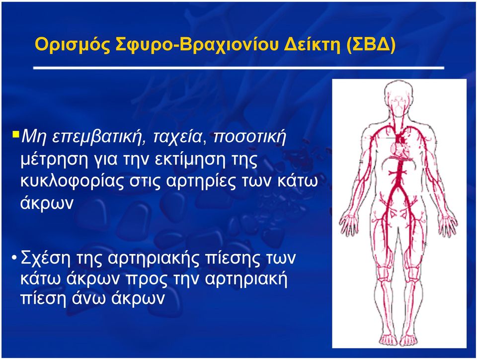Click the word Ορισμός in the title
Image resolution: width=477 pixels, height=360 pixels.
73,45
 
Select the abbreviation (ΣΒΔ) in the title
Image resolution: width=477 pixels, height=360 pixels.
371,45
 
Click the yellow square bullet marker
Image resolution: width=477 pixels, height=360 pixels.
16,134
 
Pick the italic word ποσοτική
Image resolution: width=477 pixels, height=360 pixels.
249,137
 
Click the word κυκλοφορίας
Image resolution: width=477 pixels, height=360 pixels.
71,181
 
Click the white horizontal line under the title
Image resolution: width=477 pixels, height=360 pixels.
239,68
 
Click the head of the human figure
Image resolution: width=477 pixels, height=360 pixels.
398,97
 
